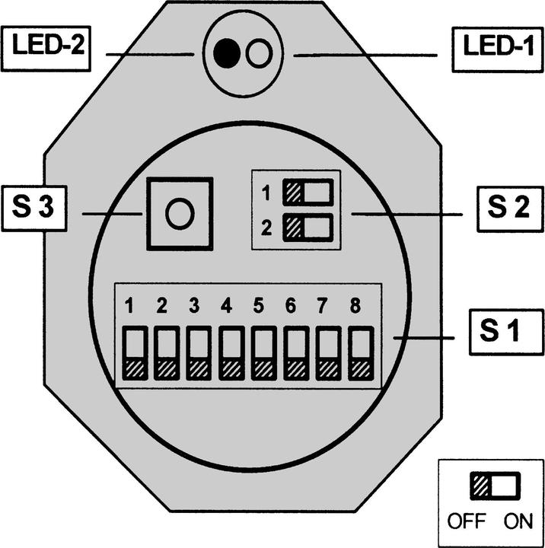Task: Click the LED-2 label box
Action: pos(47,50)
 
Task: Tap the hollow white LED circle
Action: pos(260,54)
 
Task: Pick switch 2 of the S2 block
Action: pos(308,227)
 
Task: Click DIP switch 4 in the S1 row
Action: pos(231,354)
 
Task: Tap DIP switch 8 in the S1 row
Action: pos(359,354)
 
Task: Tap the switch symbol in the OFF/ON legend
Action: pos(496,485)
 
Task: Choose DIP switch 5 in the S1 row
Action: pos(263,354)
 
